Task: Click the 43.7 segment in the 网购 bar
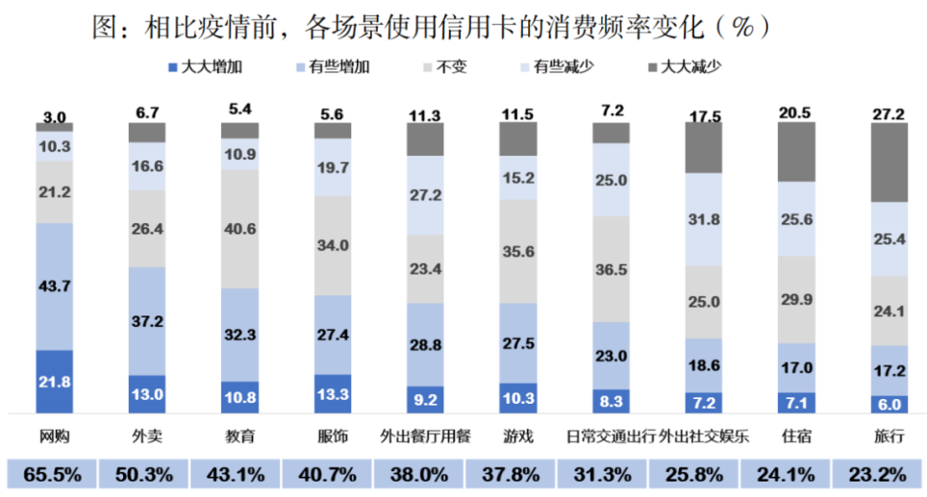55,286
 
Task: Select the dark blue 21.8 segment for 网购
55,381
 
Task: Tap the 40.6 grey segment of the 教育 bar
239,229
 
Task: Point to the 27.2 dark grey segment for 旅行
889,162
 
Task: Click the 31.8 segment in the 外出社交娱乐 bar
704,219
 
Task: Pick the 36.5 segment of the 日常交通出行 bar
612,268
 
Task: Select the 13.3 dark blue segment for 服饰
333,393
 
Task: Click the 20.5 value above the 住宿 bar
796,112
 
